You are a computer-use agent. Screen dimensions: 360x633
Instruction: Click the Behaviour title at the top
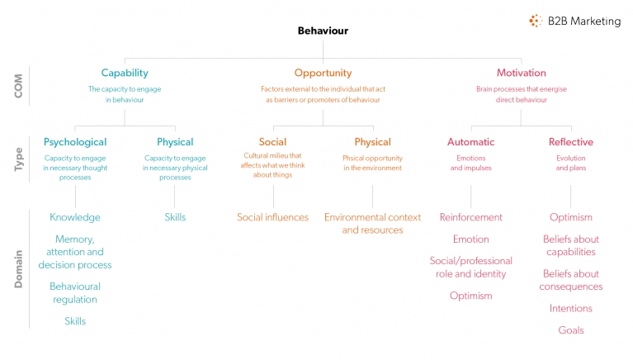pos(323,31)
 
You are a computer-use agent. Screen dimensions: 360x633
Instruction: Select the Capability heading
pos(125,73)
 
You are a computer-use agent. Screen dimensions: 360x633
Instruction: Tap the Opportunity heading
pos(323,73)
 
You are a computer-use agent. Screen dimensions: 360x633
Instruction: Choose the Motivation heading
pos(521,73)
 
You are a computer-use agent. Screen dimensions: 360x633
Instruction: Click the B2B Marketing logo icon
pos(536,21)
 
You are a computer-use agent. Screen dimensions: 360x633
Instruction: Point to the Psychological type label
pos(75,142)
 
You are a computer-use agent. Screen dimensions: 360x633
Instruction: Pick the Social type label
pos(272,142)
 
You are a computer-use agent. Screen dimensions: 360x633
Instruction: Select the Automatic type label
pos(470,142)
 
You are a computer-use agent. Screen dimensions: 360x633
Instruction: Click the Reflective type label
pos(570,142)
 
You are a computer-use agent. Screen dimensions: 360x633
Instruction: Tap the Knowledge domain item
pos(75,217)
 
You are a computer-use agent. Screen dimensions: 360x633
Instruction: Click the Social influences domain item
pos(272,217)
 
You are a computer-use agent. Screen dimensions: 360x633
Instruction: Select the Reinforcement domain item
pos(470,217)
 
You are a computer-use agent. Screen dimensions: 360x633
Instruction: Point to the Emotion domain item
pos(470,239)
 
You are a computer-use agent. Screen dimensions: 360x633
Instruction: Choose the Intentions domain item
pos(570,308)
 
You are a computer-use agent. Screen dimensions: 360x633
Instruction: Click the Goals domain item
pos(570,330)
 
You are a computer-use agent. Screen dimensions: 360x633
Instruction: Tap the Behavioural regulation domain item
pos(75,292)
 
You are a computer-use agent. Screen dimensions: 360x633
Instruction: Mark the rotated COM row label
pos(18,86)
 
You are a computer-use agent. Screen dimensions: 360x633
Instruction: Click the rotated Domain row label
pos(18,268)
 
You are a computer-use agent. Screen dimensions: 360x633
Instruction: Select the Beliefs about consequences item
pos(570,280)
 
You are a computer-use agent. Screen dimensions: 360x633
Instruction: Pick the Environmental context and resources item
pos(372,223)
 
